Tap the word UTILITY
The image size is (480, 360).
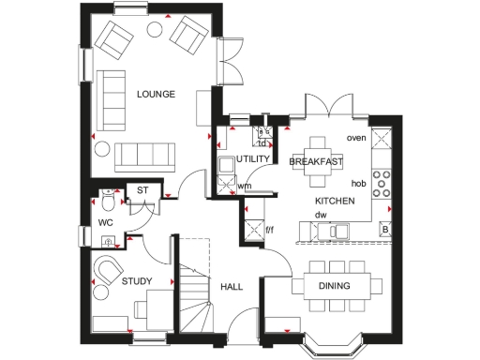[x=253, y=159]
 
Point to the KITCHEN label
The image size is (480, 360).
[x=334, y=202]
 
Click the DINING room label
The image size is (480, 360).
[x=334, y=286]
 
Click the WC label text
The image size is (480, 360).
[x=105, y=223]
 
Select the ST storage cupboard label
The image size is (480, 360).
[x=143, y=192]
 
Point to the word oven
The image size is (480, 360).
[x=355, y=138]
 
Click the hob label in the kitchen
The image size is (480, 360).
[x=357, y=184]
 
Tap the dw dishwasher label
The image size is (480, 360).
[x=320, y=215]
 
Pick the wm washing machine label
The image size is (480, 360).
[x=244, y=186]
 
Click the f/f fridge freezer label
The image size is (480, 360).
[x=269, y=228]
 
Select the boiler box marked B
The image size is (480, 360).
[x=384, y=229]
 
